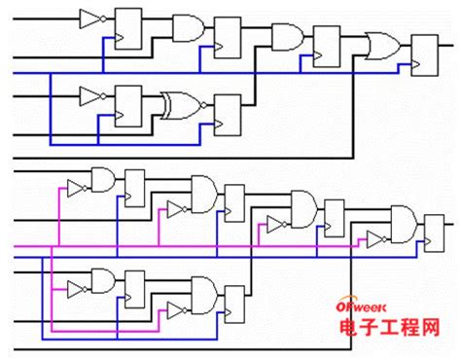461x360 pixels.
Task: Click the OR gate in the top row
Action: [x=380, y=46]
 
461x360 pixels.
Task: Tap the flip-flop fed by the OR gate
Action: [x=425, y=54]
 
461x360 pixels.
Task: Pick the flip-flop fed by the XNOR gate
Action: [x=227, y=113]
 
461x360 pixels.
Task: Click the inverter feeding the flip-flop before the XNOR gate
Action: [x=91, y=95]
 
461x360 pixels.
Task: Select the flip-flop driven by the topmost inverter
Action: [x=128, y=27]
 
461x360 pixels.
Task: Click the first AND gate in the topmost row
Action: [x=186, y=27]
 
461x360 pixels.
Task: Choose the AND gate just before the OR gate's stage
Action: [x=285, y=37]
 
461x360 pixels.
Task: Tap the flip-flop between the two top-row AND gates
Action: [x=227, y=36]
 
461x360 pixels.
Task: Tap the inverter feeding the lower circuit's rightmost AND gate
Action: [x=374, y=238]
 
